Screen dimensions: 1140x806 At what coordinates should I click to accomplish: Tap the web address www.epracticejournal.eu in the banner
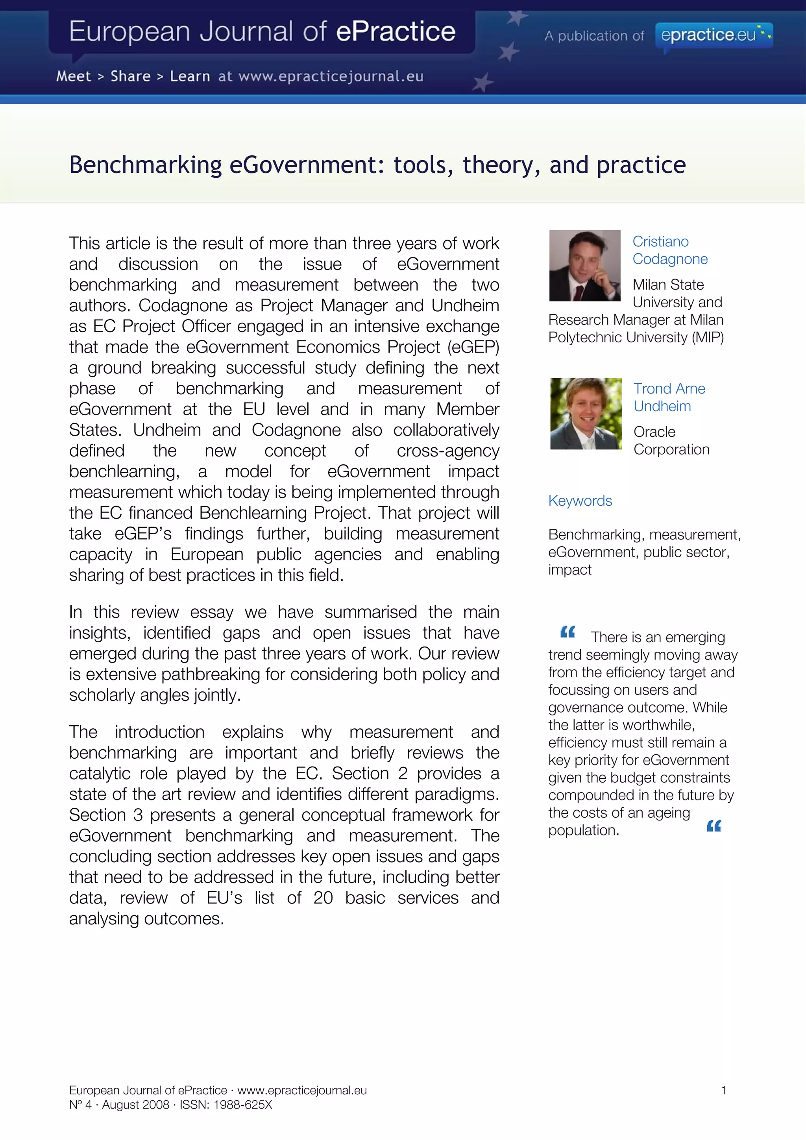coord(331,76)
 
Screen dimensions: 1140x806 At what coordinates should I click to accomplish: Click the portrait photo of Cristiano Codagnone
coord(584,265)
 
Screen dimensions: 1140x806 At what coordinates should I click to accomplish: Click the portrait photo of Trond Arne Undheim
coord(586,414)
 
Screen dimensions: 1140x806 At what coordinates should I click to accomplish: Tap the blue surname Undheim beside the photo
coord(662,406)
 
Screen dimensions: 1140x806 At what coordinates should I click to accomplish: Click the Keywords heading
coord(580,501)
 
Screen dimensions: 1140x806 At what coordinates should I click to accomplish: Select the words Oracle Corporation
coord(671,440)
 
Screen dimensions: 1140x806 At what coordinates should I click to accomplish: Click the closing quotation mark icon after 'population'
coord(714,826)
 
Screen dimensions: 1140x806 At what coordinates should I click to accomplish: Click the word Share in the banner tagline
coord(130,76)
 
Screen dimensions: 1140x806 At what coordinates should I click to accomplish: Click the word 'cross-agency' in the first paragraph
coord(447,451)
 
